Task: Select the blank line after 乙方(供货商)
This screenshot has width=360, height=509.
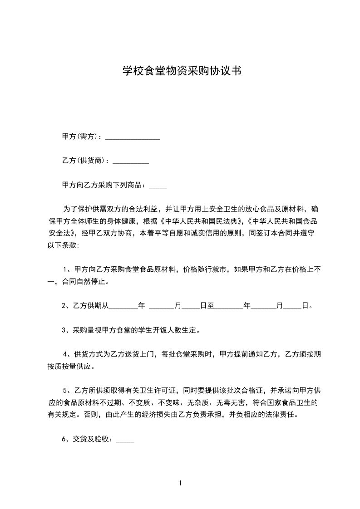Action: coord(130,162)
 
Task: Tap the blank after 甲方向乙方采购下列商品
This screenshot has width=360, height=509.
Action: coord(158,186)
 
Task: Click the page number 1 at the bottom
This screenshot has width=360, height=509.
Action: coord(180,483)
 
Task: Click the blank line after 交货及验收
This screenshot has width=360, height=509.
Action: coord(125,440)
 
